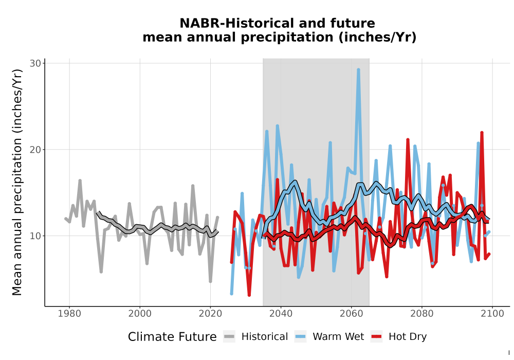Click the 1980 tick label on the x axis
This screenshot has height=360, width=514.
point(69,314)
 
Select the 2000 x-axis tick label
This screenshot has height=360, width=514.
point(140,314)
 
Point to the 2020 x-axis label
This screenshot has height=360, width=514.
point(210,314)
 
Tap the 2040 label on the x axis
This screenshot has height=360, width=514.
point(281,314)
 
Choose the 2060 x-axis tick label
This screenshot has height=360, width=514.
point(351,314)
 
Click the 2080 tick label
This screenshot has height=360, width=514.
point(421,314)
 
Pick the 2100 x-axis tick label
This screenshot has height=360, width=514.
point(492,314)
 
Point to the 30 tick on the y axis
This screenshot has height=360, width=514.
point(35,63)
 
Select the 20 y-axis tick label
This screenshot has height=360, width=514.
point(35,150)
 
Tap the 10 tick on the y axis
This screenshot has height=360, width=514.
point(35,236)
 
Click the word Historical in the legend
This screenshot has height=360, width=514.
point(265,337)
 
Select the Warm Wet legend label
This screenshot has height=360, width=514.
point(338,337)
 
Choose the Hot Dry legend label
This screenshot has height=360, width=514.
point(408,337)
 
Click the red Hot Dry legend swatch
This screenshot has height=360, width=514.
point(377,337)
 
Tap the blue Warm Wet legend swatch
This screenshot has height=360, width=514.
point(300,337)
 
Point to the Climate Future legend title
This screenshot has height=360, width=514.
point(172,337)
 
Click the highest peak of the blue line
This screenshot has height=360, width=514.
point(358,69)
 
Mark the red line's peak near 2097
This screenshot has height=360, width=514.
point(482,133)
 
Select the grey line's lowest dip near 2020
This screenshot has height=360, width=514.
point(210,281)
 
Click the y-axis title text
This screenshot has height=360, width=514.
point(17,182)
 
